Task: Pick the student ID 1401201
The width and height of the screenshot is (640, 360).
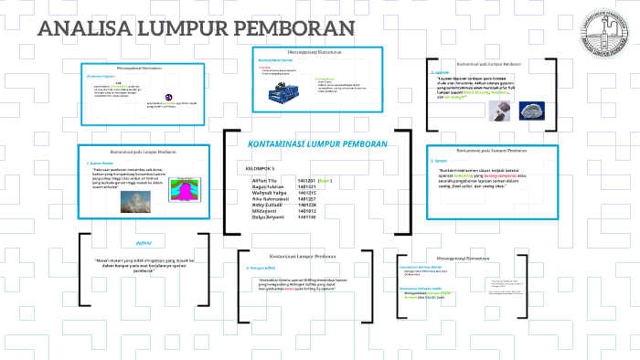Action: point(311,181)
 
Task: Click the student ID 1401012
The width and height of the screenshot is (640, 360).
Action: point(311,210)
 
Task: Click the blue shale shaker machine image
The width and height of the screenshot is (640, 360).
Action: point(283,93)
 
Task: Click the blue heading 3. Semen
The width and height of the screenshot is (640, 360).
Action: point(440,161)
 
